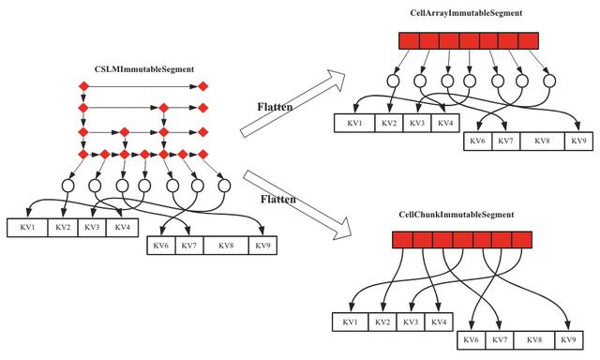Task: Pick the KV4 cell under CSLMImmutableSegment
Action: (118, 227)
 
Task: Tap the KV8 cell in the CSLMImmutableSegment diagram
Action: (225, 246)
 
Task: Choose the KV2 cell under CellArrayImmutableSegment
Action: (389, 123)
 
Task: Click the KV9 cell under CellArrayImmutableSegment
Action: (577, 141)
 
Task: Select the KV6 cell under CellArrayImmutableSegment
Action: (477, 141)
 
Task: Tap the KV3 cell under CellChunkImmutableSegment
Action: (409, 322)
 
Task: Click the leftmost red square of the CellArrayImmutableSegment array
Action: (408, 41)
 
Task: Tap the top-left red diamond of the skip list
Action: (83, 87)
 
